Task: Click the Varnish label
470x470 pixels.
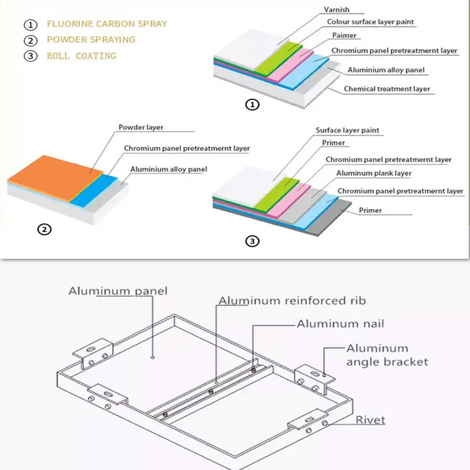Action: click(x=337, y=9)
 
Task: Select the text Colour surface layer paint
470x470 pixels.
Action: click(x=370, y=22)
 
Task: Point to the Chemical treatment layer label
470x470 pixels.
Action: click(x=387, y=89)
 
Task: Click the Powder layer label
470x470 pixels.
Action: click(x=141, y=127)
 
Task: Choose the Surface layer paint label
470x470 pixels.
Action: click(x=347, y=130)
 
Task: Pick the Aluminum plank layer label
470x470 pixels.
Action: click(x=374, y=174)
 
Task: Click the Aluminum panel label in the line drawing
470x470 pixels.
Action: click(x=118, y=291)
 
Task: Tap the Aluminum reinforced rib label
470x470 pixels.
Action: click(x=292, y=301)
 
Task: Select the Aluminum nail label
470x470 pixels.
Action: click(x=340, y=324)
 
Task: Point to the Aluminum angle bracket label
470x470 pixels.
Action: click(x=387, y=355)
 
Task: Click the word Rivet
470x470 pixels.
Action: click(x=370, y=420)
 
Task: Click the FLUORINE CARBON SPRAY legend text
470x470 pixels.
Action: click(x=107, y=24)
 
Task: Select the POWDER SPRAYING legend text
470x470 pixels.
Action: click(x=91, y=40)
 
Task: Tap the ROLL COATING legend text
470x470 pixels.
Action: click(x=81, y=56)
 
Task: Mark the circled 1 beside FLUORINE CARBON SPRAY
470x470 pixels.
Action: click(x=30, y=25)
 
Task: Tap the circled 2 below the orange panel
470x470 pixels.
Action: click(x=44, y=229)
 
